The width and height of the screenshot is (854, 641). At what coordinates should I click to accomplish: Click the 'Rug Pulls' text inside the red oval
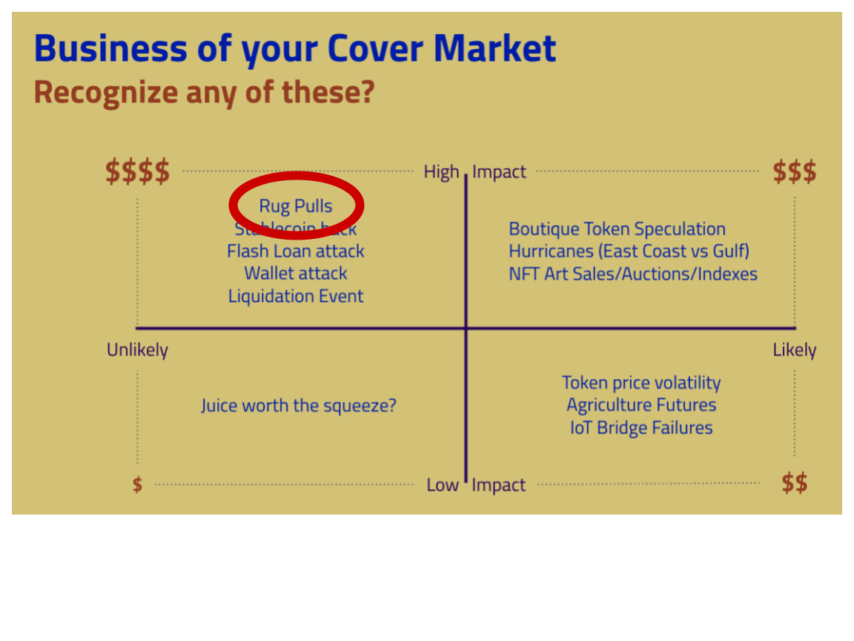pos(296,206)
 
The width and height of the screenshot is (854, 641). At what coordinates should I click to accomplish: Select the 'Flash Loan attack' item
pos(296,251)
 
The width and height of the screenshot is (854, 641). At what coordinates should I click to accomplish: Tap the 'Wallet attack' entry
pos(296,273)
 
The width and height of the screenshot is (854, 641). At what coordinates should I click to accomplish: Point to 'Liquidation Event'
pos(296,296)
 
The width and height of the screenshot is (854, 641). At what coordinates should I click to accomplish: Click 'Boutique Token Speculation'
pos(617,229)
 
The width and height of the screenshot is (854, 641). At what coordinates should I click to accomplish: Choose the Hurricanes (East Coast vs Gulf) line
pos(629,251)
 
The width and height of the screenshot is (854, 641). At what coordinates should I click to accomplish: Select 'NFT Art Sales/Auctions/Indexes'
pos(633,274)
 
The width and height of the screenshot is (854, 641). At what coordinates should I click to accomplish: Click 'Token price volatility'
pos(641,383)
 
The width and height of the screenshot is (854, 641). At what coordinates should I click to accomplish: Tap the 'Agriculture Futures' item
pos(641,405)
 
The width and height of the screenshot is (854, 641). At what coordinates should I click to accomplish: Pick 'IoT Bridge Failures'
pos(641,428)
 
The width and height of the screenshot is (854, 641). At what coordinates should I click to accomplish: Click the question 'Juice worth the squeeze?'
pos(299,406)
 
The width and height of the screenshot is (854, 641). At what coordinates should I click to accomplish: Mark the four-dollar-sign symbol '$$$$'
pos(137,171)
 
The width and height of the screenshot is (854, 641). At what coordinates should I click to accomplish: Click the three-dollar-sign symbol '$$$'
pos(794,171)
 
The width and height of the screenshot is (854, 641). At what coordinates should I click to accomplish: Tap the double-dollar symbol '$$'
pos(794,483)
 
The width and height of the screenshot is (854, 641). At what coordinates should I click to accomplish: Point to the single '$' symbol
pos(137,485)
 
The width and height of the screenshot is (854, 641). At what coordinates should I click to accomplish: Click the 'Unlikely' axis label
pos(137,349)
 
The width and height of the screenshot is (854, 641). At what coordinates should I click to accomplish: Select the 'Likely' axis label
pos(794,349)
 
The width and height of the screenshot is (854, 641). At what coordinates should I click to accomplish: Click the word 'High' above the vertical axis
pos(441,171)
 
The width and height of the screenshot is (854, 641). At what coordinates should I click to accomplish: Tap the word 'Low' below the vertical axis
pos(443,484)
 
